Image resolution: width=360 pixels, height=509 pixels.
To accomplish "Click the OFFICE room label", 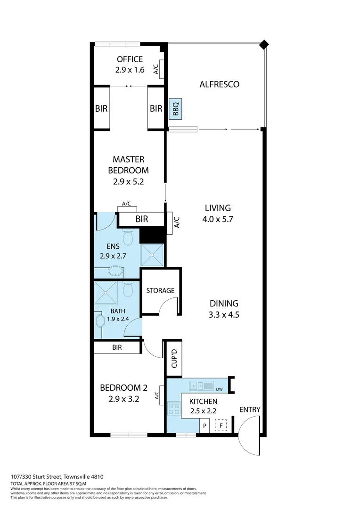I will tap(130, 59).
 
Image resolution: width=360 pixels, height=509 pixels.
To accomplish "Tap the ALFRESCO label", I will tap(219, 84).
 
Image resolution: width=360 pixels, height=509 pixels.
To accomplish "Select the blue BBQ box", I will tap(176, 110).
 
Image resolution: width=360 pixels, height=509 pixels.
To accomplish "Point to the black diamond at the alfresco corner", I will tap(264, 45).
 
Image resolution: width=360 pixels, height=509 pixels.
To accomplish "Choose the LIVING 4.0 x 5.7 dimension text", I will tap(217, 219).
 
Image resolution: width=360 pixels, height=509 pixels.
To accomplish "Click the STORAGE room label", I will tap(160, 291).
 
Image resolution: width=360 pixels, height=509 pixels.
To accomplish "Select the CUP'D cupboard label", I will tap(173, 359).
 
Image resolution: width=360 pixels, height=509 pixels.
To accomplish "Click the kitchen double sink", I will tap(201, 386).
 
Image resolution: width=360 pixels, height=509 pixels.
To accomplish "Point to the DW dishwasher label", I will tap(219, 389).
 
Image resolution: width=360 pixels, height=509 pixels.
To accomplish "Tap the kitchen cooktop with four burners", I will tap(174, 408).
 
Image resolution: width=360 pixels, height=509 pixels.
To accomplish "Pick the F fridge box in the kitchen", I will tap(221, 426).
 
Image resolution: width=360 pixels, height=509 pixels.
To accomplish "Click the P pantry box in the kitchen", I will tap(205, 426).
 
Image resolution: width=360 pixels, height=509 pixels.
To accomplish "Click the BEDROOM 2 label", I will tap(123, 388).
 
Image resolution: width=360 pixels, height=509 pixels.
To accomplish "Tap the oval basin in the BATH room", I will tap(100, 322).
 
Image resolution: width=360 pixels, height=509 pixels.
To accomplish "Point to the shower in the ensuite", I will tap(152, 255).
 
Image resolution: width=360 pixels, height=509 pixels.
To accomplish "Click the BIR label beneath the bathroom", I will tap(117, 347).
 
